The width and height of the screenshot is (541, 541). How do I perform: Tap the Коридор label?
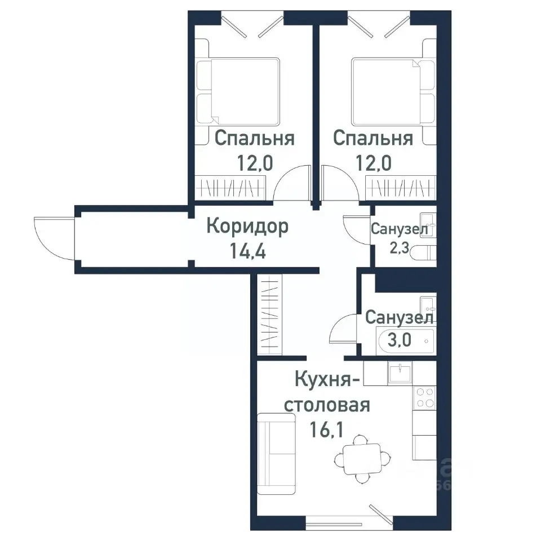tap(247, 227)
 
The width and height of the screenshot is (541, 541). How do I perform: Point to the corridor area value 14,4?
tap(247, 249)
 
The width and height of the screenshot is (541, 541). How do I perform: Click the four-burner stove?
tap(424, 398)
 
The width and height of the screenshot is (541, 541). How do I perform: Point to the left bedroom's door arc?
tap(292, 184)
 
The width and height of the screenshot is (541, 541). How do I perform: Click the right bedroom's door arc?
tap(338, 184)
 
